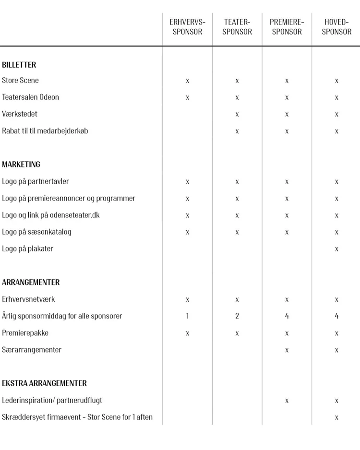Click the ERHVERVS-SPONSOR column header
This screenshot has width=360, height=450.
pyautogui.click(x=187, y=27)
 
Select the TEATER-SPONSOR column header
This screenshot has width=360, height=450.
pyautogui.click(x=237, y=27)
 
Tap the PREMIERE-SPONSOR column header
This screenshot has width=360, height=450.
pyautogui.click(x=287, y=27)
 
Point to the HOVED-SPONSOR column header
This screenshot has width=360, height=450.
pyautogui.click(x=336, y=27)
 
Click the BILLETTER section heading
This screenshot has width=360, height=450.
pyautogui.click(x=19, y=65)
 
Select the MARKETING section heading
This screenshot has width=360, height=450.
pyautogui.click(x=21, y=165)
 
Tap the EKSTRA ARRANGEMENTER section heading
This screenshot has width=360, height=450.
pyautogui.click(x=44, y=383)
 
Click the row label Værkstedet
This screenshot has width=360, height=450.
pyautogui.click(x=20, y=114)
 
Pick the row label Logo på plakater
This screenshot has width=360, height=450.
pyautogui.click(x=27, y=249)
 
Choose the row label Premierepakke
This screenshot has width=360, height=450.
pyautogui.click(x=25, y=333)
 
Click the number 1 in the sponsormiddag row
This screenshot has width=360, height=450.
pyautogui.click(x=187, y=316)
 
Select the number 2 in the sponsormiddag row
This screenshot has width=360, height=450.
pyautogui.click(x=237, y=316)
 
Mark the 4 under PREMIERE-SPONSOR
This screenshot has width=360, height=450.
pyautogui.click(x=287, y=316)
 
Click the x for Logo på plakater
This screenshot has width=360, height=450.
pyautogui.click(x=336, y=249)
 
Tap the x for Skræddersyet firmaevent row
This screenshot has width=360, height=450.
pyautogui.click(x=336, y=417)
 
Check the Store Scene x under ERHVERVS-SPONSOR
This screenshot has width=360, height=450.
pyautogui.click(x=187, y=81)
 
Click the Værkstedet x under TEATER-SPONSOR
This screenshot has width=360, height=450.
pyautogui.click(x=237, y=114)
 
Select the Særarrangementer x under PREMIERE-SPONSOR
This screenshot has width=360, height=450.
pyautogui.click(x=287, y=350)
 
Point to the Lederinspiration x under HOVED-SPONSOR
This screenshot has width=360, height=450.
pyautogui.click(x=336, y=401)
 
